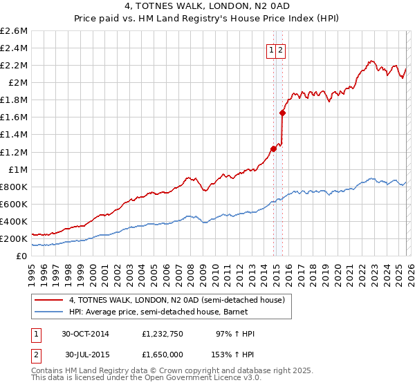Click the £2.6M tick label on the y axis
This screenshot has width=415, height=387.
14,31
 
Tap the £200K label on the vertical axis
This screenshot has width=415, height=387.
14,238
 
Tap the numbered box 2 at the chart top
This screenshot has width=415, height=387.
282,50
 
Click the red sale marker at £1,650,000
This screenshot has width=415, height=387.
283,113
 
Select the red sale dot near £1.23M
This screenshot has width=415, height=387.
274,149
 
